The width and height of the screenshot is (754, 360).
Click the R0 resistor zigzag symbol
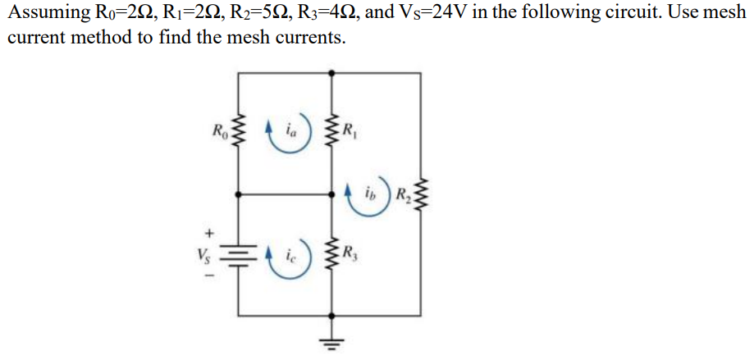point(239,132)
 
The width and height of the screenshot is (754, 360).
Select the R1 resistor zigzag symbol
point(331,131)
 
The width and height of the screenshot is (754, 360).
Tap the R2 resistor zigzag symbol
point(422,195)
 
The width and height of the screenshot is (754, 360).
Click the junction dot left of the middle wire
point(239,195)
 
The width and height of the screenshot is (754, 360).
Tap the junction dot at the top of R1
point(331,73)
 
